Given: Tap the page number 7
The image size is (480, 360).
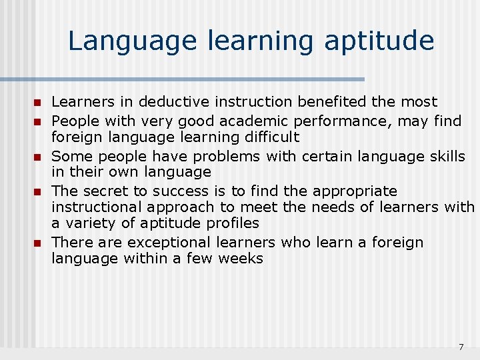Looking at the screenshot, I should point(461,347).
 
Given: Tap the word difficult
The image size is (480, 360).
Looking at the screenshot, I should point(268,137).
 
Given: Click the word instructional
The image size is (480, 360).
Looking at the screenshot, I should point(96,207).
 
